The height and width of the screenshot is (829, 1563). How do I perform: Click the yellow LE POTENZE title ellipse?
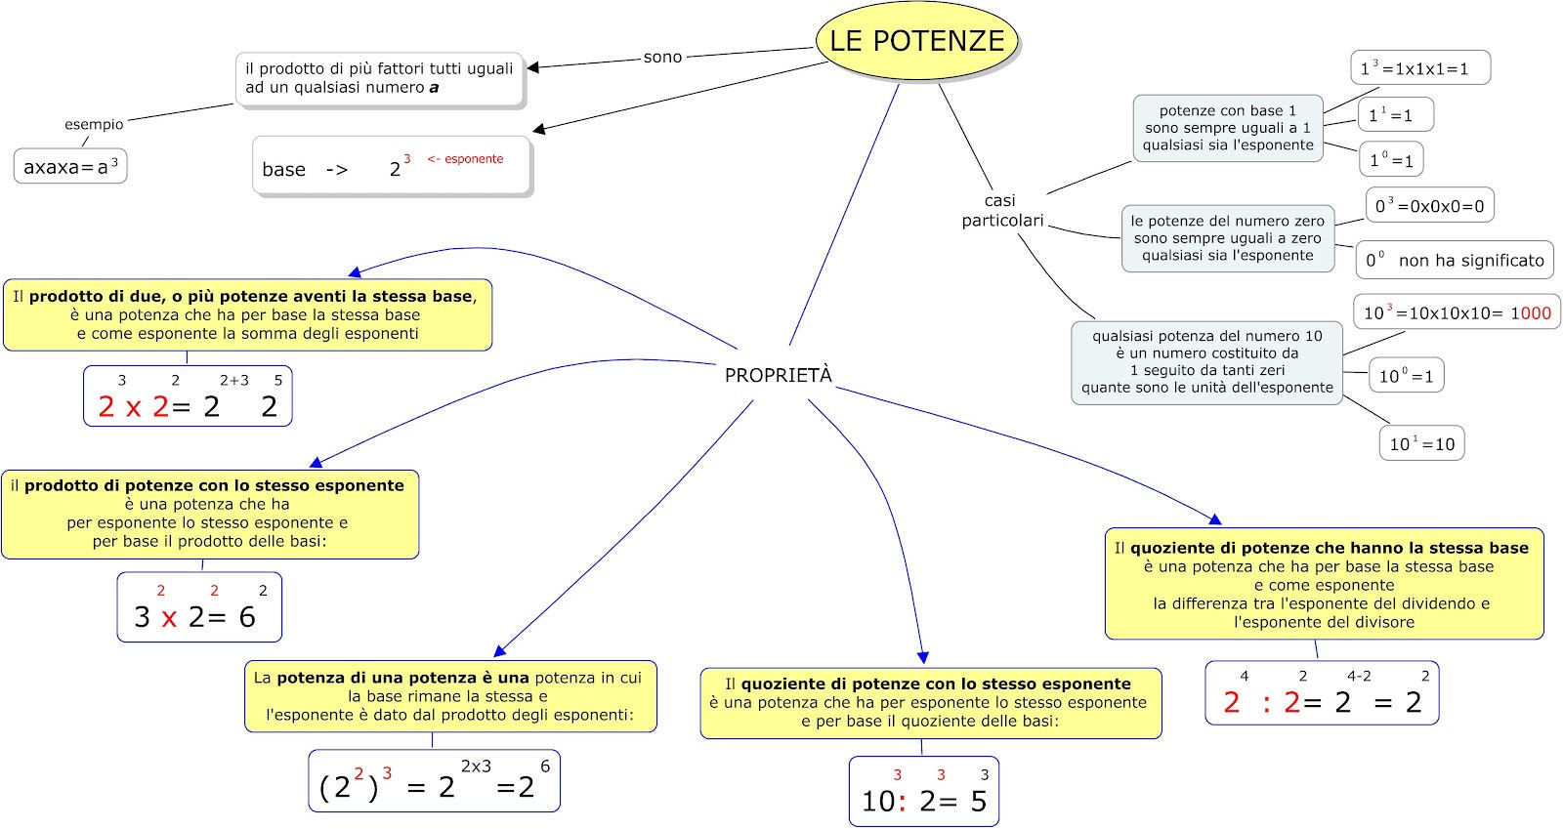[916, 41]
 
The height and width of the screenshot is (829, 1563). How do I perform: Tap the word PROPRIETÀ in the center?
[778, 375]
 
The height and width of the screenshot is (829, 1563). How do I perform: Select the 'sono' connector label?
[662, 58]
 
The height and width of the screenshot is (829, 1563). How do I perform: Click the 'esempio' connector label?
[94, 124]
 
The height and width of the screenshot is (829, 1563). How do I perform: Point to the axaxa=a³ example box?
[70, 166]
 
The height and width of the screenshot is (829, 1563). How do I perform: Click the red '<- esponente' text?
[465, 159]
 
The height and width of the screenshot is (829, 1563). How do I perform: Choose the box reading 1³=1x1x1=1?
[1420, 67]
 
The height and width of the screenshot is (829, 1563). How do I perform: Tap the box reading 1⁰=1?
[1391, 160]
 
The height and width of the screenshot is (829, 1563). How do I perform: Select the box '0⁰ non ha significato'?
[1455, 260]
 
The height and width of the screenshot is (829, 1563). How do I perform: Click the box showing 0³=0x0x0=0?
[1430, 205]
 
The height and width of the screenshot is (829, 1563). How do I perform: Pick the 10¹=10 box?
[1422, 443]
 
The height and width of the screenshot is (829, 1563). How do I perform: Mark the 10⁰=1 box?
[1406, 376]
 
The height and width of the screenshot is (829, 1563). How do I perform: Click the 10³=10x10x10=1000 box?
[1457, 311]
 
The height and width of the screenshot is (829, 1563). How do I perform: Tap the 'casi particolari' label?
[1002, 211]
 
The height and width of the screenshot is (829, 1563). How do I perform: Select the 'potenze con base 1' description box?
[1228, 128]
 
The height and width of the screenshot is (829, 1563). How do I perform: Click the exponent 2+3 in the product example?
[234, 380]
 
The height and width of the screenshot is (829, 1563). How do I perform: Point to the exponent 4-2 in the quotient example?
[1359, 676]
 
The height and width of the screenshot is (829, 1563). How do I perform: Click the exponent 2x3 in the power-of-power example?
[476, 767]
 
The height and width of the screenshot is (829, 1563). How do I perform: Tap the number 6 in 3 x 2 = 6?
[247, 617]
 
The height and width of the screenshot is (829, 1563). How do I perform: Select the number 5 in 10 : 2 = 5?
[979, 801]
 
